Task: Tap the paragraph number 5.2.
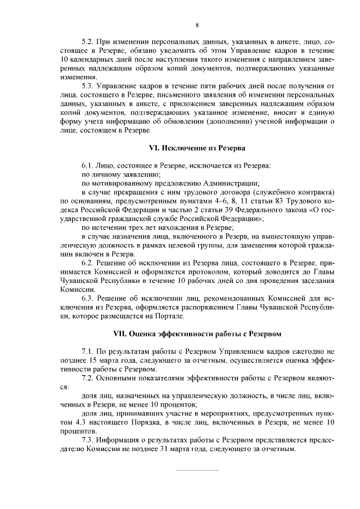click(x=88, y=42)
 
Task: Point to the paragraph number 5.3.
click(x=88, y=85)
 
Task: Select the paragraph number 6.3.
click(x=88, y=298)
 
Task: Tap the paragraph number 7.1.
click(x=88, y=351)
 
